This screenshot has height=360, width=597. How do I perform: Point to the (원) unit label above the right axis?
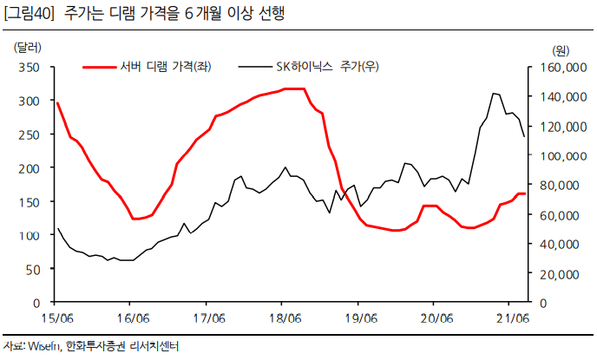tap(561, 49)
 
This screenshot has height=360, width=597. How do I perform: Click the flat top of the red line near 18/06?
tap(293, 88)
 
